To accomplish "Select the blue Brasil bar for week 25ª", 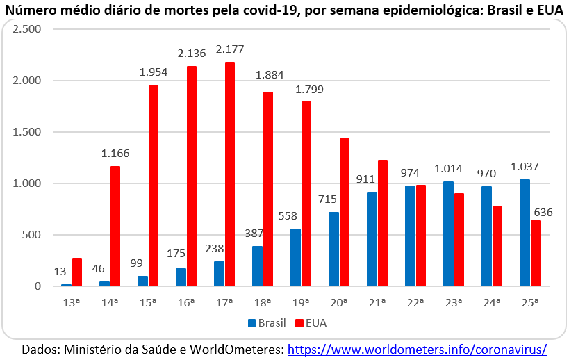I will point(525,232).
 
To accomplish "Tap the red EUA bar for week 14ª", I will point(115,226).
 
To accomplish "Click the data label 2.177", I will point(230,49).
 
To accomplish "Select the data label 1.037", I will point(525,167).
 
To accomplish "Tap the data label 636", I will point(543,212).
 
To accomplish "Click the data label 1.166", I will point(115,154).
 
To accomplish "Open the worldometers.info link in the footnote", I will point(417,348).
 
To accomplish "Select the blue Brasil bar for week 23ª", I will point(448,234).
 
